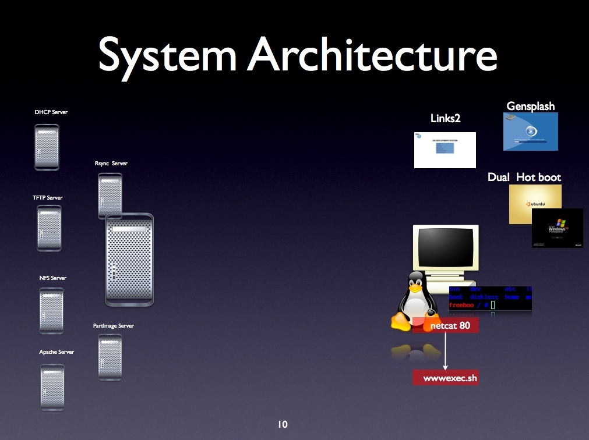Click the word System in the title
(x=167, y=55)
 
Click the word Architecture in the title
(x=373, y=55)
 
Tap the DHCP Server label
(x=51, y=112)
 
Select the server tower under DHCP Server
(x=47, y=147)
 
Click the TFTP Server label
(x=47, y=198)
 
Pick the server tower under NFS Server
(x=51, y=311)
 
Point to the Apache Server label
(x=57, y=352)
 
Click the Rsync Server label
(x=111, y=164)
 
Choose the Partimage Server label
(x=113, y=326)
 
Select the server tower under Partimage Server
(x=110, y=357)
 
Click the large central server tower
(x=129, y=260)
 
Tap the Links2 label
(x=445, y=119)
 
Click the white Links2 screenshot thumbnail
(x=445, y=150)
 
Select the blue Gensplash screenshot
(x=530, y=132)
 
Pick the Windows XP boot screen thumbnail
(x=558, y=228)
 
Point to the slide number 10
(x=283, y=425)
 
